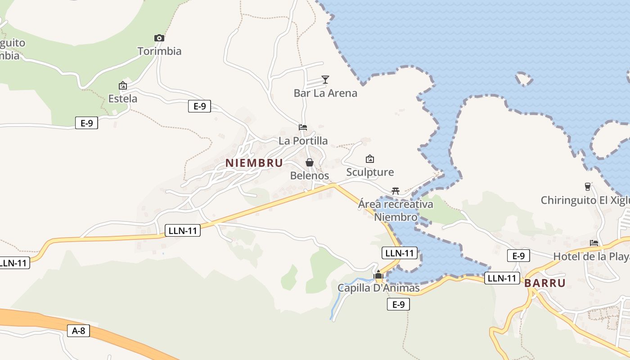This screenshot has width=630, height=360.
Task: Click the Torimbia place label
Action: (x=159, y=51)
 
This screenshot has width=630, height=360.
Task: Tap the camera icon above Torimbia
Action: (x=159, y=38)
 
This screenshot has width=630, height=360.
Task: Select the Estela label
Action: (x=123, y=98)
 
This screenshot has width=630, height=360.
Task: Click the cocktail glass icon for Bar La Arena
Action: (x=325, y=80)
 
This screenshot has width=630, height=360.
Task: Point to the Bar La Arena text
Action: (x=325, y=93)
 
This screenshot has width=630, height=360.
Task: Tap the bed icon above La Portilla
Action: (x=303, y=127)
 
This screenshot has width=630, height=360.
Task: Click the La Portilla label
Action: (x=303, y=141)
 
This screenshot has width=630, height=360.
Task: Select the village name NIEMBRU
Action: (x=254, y=163)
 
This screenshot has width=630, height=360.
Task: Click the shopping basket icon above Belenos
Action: (x=310, y=162)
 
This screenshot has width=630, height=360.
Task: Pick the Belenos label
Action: (x=310, y=175)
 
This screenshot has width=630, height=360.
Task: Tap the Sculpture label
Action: (x=370, y=172)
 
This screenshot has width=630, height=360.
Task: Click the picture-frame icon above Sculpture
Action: (x=369, y=159)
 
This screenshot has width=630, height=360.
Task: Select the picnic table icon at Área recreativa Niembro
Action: (x=396, y=191)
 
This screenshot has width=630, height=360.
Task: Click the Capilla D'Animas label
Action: (x=378, y=288)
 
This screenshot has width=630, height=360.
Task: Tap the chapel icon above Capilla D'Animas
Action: (x=378, y=274)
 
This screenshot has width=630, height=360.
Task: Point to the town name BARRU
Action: (x=544, y=283)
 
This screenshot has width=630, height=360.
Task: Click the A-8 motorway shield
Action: (x=78, y=331)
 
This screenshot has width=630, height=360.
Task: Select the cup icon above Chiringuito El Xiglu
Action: (x=587, y=186)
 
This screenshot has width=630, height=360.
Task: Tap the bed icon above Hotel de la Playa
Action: (x=594, y=243)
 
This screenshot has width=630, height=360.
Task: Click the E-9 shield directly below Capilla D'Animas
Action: (x=398, y=305)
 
